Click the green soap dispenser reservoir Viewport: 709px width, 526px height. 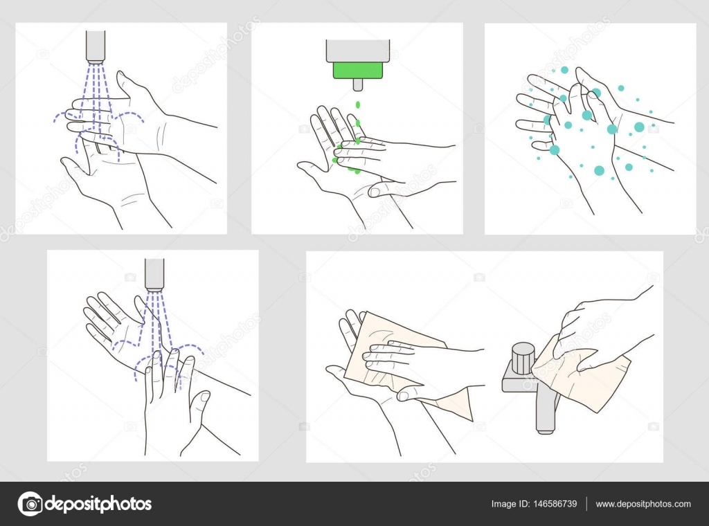point(357,69)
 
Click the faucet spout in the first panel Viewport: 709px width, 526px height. point(96,46)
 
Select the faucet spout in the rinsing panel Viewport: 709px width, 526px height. point(154,273)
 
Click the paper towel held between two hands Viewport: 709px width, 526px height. point(402,360)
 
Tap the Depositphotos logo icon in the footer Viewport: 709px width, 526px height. point(30,504)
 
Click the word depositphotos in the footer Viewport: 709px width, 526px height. point(98,504)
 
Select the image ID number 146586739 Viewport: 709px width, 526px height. point(553,504)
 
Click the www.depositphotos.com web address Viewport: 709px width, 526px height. point(643,504)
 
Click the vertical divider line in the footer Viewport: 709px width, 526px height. point(586,504)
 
